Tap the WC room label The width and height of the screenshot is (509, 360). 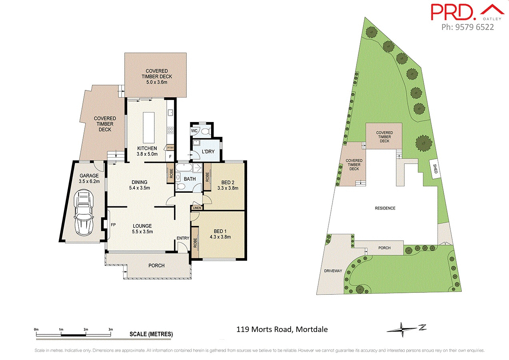(194, 131)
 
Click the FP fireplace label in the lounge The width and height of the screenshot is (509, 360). (113, 225)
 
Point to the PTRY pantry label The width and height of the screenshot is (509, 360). (170, 148)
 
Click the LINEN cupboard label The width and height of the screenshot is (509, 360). (197, 208)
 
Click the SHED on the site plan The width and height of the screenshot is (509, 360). (435, 168)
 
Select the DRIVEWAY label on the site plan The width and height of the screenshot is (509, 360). (333, 271)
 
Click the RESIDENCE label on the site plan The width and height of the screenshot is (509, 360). (385, 208)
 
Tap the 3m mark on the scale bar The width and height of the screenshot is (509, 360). (111, 329)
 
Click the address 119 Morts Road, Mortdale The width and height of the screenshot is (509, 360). (282, 330)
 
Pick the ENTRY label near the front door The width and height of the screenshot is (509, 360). (183, 238)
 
